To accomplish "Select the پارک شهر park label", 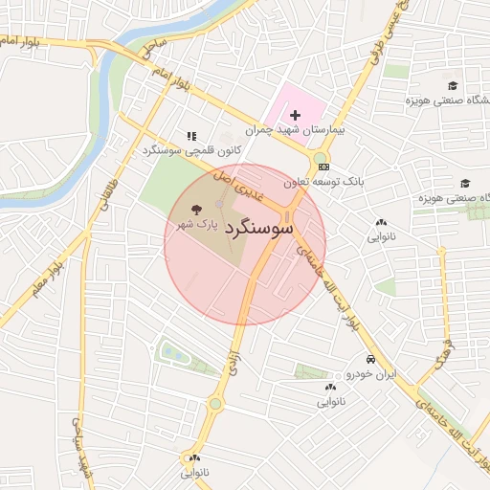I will pos(196,226).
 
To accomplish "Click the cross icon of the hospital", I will pos(295,115).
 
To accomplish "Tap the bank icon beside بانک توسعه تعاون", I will pos(323,165).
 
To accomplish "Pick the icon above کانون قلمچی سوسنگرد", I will pos(191,136).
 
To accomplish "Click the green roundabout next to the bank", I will pos(320,159).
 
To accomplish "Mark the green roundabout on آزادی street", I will pos(215,404).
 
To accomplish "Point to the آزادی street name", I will pos(231,362).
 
